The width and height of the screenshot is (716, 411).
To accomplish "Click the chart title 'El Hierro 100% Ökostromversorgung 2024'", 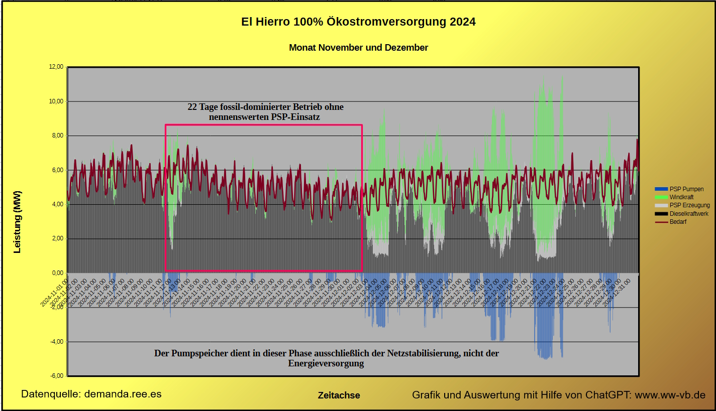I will click(x=358, y=22).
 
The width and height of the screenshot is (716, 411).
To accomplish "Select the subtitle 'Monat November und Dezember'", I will click(x=358, y=48).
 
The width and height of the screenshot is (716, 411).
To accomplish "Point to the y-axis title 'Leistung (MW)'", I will click(x=18, y=221).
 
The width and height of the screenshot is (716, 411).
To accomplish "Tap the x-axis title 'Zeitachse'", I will click(x=339, y=395).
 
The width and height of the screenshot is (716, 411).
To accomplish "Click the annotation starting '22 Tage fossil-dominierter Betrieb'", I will click(x=265, y=112).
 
